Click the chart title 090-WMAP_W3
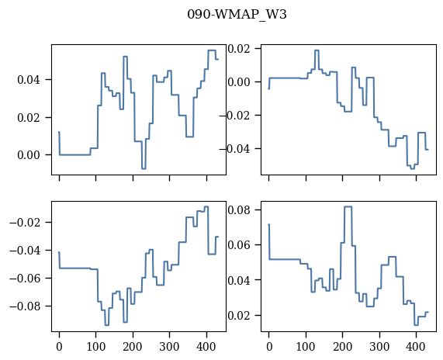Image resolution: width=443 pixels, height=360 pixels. [237, 14]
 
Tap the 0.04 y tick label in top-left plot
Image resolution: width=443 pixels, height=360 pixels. [29, 80]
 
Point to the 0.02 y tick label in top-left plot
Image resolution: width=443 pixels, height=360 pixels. [29, 118]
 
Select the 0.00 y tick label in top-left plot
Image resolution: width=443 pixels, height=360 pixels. [29, 155]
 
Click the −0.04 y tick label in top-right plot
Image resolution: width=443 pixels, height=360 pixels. [235, 149]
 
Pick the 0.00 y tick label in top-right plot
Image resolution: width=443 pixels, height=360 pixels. [239, 82]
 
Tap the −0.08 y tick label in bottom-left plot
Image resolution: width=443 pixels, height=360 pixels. [25, 306]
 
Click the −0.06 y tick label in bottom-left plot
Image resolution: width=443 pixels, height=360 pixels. [25, 279]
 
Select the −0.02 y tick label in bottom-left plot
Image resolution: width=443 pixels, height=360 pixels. [25, 223]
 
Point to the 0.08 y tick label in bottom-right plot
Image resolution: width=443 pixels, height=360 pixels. [239, 210]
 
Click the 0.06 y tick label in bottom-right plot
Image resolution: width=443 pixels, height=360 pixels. [239, 244]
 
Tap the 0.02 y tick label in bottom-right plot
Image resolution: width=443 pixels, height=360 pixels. [239, 315]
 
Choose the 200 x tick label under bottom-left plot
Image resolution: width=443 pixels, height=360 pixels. [133, 347]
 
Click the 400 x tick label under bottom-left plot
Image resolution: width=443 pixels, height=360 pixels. [206, 347]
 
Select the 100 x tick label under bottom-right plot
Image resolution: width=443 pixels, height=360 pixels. [306, 347]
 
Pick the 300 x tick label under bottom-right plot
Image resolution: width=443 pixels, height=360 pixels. [379, 347]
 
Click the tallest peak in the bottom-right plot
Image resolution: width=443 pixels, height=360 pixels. [348, 206]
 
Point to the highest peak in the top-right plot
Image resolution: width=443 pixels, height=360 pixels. [317, 50]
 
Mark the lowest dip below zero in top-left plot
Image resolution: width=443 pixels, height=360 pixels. [144, 168]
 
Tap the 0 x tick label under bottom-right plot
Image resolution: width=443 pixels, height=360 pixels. [269, 347]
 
